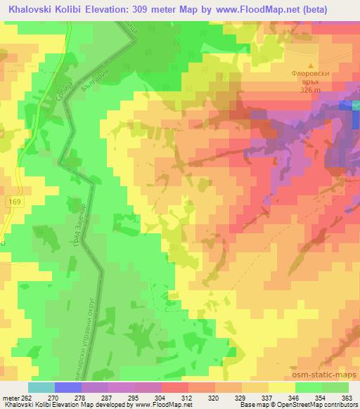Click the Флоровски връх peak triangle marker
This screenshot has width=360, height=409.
pyautogui.click(x=311, y=65)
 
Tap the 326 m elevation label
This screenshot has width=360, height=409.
pyautogui.click(x=310, y=91)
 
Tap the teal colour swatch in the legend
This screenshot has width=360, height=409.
pyautogui.click(x=41, y=387)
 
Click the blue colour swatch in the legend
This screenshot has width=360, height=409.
pyautogui.click(x=68, y=387)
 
